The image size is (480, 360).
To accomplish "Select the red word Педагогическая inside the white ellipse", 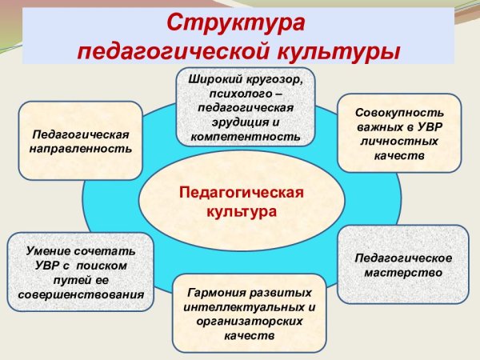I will (x=241, y=194).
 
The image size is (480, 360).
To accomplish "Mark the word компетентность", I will (x=246, y=137).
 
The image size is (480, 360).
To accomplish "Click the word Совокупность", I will (x=399, y=113).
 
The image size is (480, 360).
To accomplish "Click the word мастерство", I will (x=402, y=273).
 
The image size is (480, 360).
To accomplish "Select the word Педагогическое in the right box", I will (x=402, y=258).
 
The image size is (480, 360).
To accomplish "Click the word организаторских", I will (x=248, y=321).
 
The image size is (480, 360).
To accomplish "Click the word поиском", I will (x=107, y=265).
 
